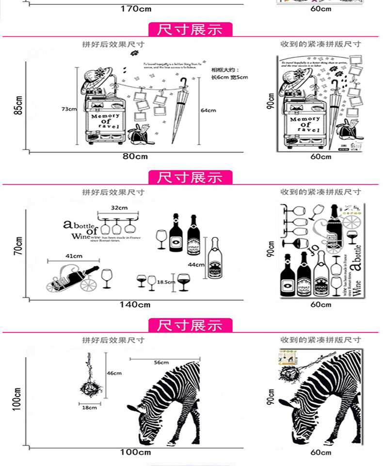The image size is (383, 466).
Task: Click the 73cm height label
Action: pos(69,109)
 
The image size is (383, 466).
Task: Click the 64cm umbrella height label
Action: pos(208,110)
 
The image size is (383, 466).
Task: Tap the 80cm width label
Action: pos(135,156)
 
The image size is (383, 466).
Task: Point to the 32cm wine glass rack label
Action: pos(119,207)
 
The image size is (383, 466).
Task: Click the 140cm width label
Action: pos(135,305)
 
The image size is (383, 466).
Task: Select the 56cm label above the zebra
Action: pos(161,362)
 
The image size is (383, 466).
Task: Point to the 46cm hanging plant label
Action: pos(114,373)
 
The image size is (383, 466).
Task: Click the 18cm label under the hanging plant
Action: pos(89,408)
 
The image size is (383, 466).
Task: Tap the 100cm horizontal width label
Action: pos(135,452)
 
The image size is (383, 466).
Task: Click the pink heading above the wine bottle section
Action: pos(191,177)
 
